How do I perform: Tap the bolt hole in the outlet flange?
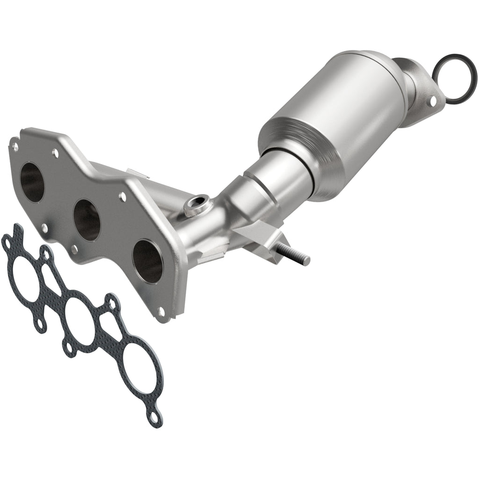click(x=433, y=100)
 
